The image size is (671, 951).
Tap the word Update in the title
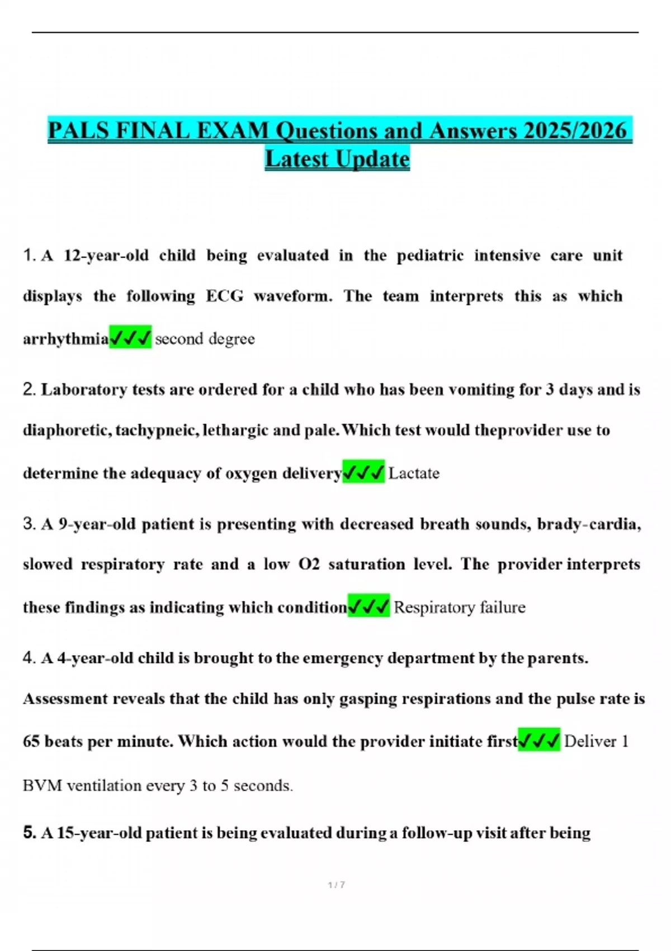(x=373, y=159)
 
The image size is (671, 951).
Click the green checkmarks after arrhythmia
(x=130, y=338)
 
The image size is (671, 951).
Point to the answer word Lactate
(x=414, y=473)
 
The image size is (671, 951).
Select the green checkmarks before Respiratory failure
(x=368, y=607)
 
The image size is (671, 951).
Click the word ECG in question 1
(x=225, y=296)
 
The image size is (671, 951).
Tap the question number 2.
(x=29, y=389)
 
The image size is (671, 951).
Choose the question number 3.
(x=29, y=524)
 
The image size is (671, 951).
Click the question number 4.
(x=29, y=658)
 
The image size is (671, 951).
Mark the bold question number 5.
(x=29, y=832)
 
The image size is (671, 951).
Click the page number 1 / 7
(x=336, y=885)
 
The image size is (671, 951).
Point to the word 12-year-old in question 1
(x=106, y=256)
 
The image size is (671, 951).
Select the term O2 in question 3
(x=309, y=564)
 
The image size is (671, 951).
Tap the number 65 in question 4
(x=31, y=742)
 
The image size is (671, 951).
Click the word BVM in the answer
(x=42, y=786)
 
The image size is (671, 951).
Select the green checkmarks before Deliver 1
(x=539, y=741)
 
